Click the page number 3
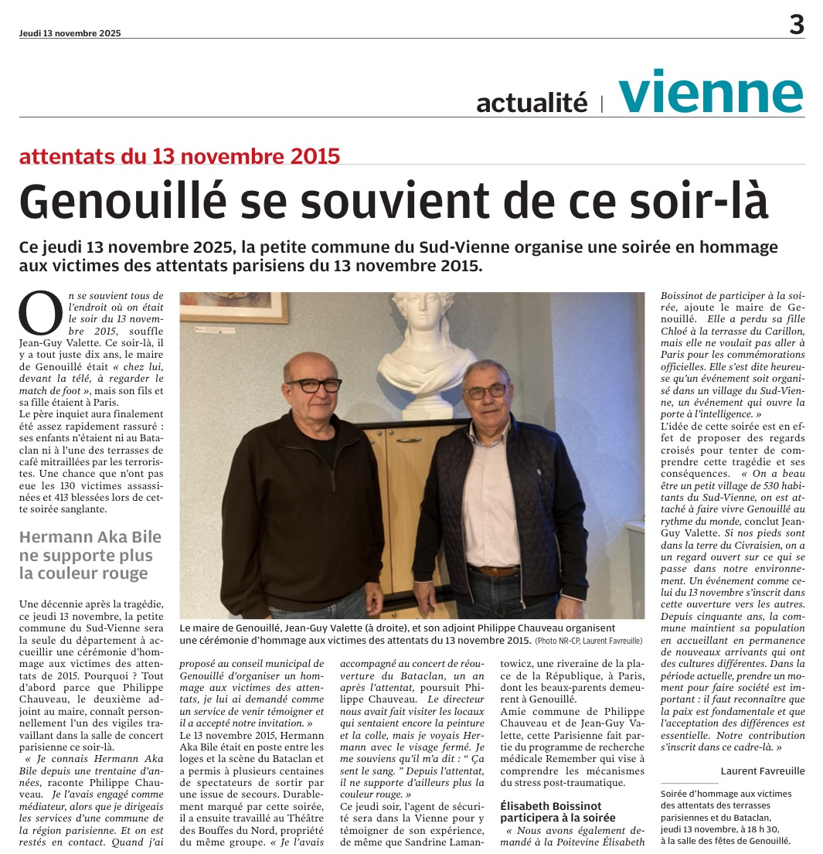coord(796,26)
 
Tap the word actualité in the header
coord(532,102)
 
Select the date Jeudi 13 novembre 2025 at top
coord(70,33)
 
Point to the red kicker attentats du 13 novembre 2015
coord(179,156)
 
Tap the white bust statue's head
coord(423,316)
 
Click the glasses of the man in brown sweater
coord(313,384)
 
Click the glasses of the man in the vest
coord(486,391)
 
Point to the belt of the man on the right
coord(495,571)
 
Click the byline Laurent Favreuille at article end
coord(762,771)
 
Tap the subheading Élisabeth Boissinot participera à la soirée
coord(559,811)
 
